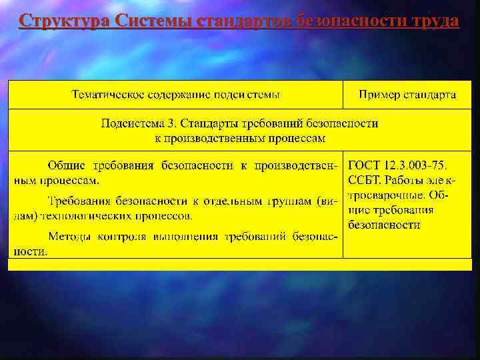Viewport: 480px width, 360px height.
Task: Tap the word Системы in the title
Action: (x=153, y=22)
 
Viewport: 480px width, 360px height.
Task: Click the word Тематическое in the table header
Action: (x=108, y=95)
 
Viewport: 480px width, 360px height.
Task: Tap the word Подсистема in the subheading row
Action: (x=133, y=123)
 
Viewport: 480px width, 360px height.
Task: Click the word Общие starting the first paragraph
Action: (x=66, y=164)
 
